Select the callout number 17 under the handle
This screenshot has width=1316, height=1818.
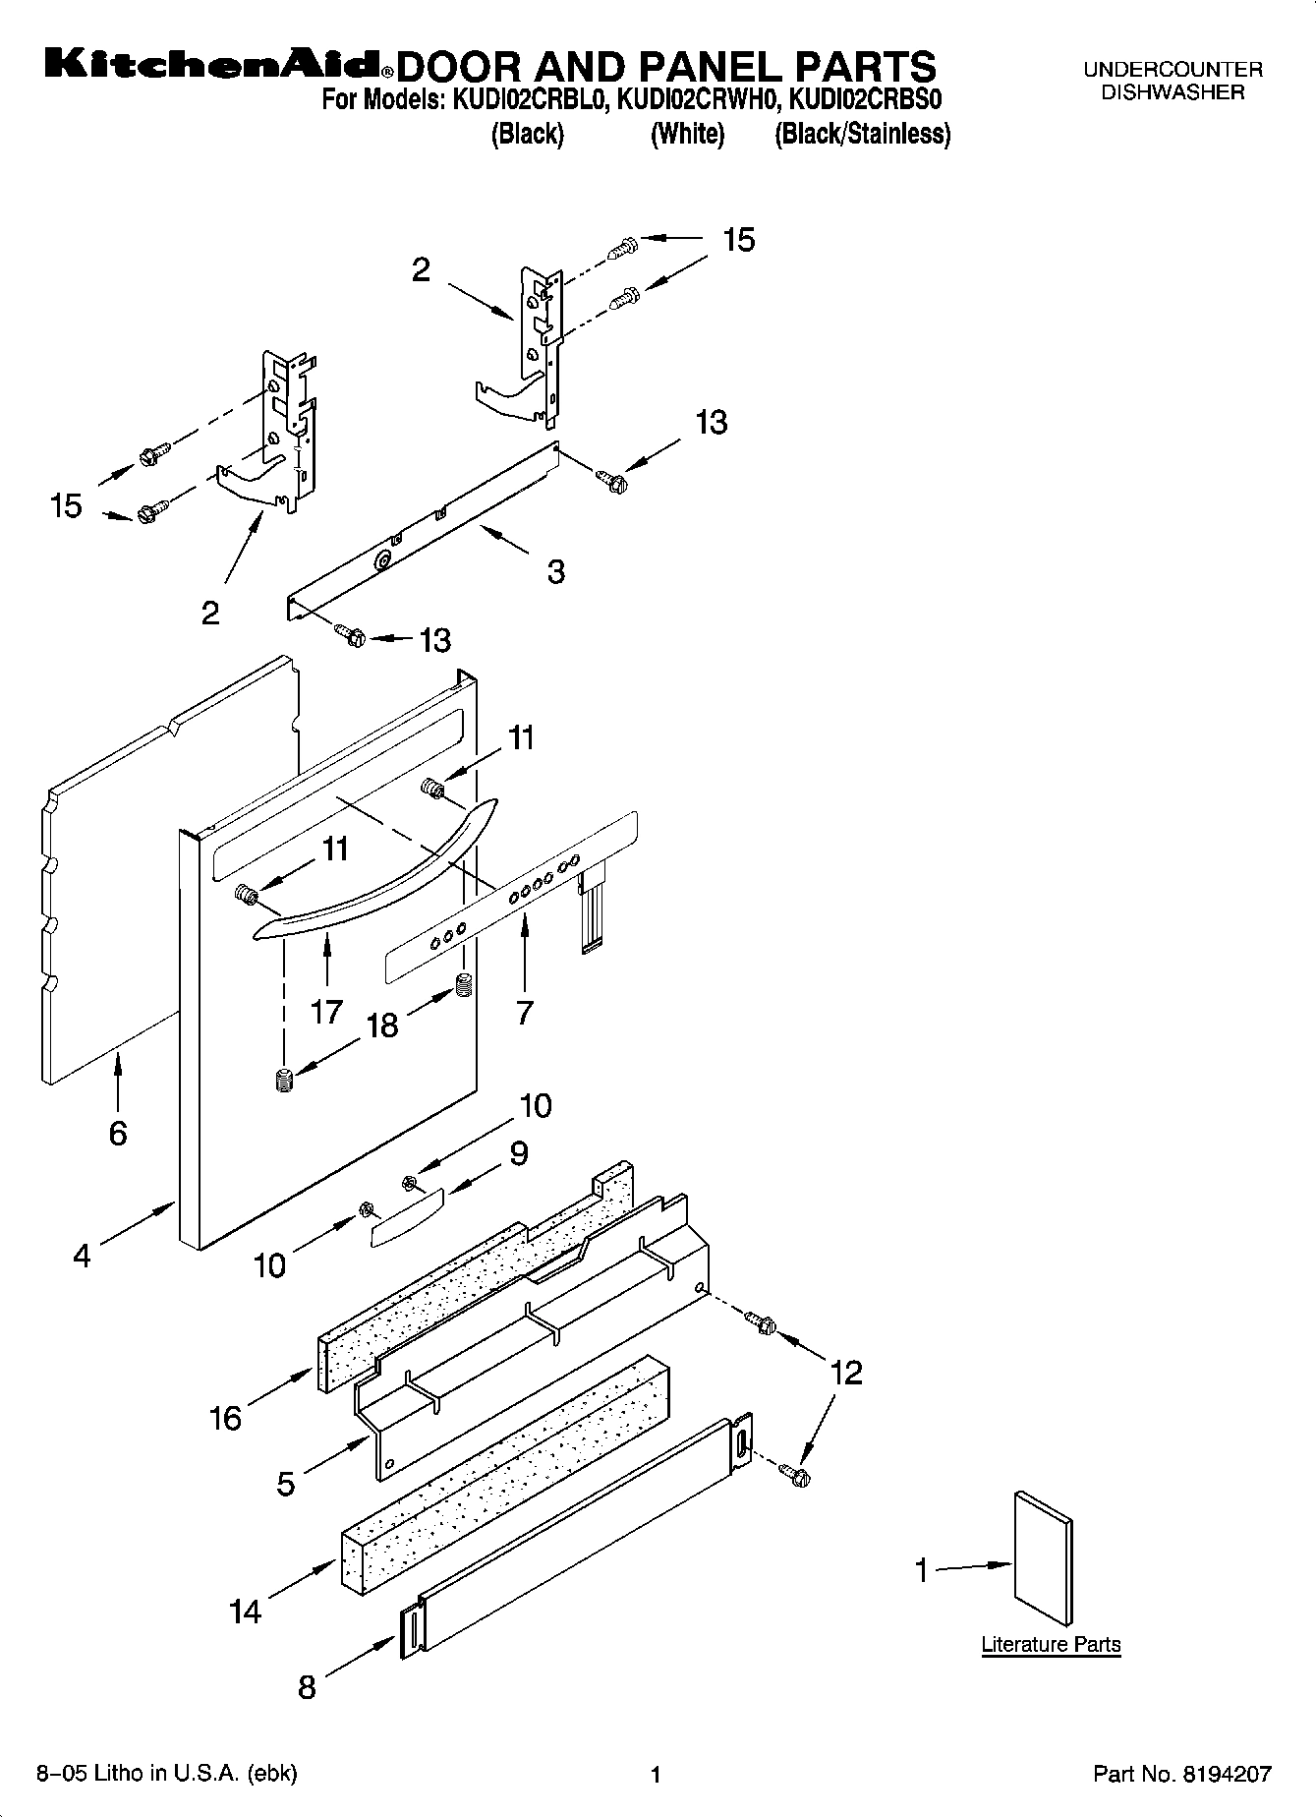click(x=326, y=1011)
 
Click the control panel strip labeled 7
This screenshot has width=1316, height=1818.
click(x=511, y=895)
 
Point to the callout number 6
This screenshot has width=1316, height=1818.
click(x=118, y=1134)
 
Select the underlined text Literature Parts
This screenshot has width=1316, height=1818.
click(x=1051, y=1644)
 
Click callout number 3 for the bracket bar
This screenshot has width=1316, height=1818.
click(x=556, y=571)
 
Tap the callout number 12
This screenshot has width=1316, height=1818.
click(x=846, y=1373)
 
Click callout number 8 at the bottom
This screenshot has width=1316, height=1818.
click(x=307, y=1688)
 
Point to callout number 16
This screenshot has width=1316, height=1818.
click(x=226, y=1418)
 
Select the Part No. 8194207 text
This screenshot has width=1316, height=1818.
click(x=1182, y=1775)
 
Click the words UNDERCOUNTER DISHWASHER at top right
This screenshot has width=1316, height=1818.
click(x=1173, y=82)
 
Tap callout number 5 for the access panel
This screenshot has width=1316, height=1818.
click(x=286, y=1483)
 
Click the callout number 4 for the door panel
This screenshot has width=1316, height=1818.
click(x=82, y=1256)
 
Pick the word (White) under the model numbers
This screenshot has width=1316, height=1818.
click(x=687, y=135)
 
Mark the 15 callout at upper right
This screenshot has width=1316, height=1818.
click(x=739, y=239)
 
